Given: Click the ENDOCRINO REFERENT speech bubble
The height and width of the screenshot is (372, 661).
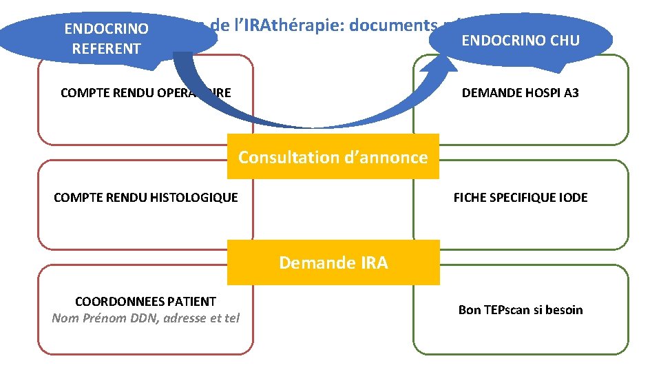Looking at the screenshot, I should click(x=107, y=38).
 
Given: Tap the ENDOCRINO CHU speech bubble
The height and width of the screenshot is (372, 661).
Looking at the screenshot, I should click(x=521, y=40).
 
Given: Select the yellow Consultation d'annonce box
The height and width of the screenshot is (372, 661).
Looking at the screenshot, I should click(x=333, y=157).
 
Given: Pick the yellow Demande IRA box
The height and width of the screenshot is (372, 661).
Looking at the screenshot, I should click(x=333, y=262).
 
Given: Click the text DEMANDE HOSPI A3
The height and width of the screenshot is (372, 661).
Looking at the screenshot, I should click(x=521, y=92).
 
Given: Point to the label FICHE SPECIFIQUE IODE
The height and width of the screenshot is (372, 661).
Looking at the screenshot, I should click(x=521, y=198).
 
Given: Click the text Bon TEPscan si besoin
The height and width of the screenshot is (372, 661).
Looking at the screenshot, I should click(x=521, y=310).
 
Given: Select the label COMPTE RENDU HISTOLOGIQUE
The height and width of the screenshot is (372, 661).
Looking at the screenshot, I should click(x=146, y=198).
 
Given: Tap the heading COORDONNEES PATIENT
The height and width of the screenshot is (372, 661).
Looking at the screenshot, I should click(x=145, y=302).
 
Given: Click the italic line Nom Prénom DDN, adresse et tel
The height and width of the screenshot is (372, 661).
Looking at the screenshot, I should click(x=145, y=318).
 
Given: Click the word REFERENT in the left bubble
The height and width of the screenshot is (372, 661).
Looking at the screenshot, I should click(x=107, y=48).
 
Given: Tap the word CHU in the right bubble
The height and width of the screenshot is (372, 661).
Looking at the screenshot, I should click(x=564, y=40).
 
